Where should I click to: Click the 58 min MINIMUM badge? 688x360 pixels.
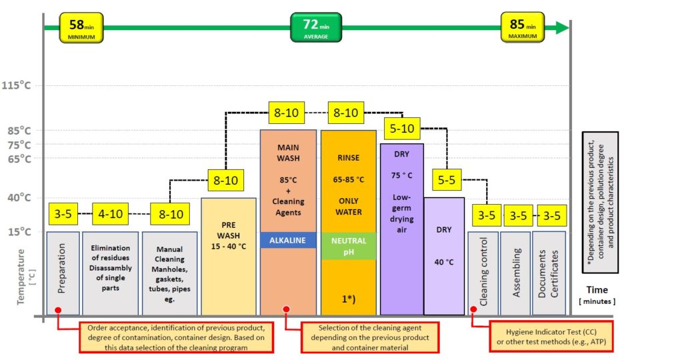(x=81, y=27)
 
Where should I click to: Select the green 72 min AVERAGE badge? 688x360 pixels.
(x=316, y=27)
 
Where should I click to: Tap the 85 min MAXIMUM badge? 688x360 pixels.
(x=523, y=27)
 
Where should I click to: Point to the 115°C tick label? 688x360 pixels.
(x=16, y=85)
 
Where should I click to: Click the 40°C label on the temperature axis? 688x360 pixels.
(x=19, y=197)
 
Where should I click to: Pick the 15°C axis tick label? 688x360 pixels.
(x=19, y=232)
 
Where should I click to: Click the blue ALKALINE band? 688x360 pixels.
(x=288, y=240)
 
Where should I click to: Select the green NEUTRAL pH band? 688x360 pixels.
(x=349, y=246)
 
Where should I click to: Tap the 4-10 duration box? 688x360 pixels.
(x=110, y=214)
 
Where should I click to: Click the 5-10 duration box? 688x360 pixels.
(x=402, y=129)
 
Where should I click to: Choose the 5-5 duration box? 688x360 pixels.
(x=447, y=180)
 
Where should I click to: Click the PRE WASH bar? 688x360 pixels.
(x=229, y=257)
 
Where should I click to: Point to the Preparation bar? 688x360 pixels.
(x=63, y=273)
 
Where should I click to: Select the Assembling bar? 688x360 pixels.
(x=515, y=273)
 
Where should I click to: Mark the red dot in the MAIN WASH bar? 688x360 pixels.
(x=286, y=309)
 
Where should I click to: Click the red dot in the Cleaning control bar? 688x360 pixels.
(x=473, y=309)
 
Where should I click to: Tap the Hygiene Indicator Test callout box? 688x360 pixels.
(x=551, y=337)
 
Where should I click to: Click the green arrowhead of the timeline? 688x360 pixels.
(x=563, y=27)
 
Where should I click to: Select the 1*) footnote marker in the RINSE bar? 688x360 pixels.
(x=349, y=299)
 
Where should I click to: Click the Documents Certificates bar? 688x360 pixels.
(x=549, y=273)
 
